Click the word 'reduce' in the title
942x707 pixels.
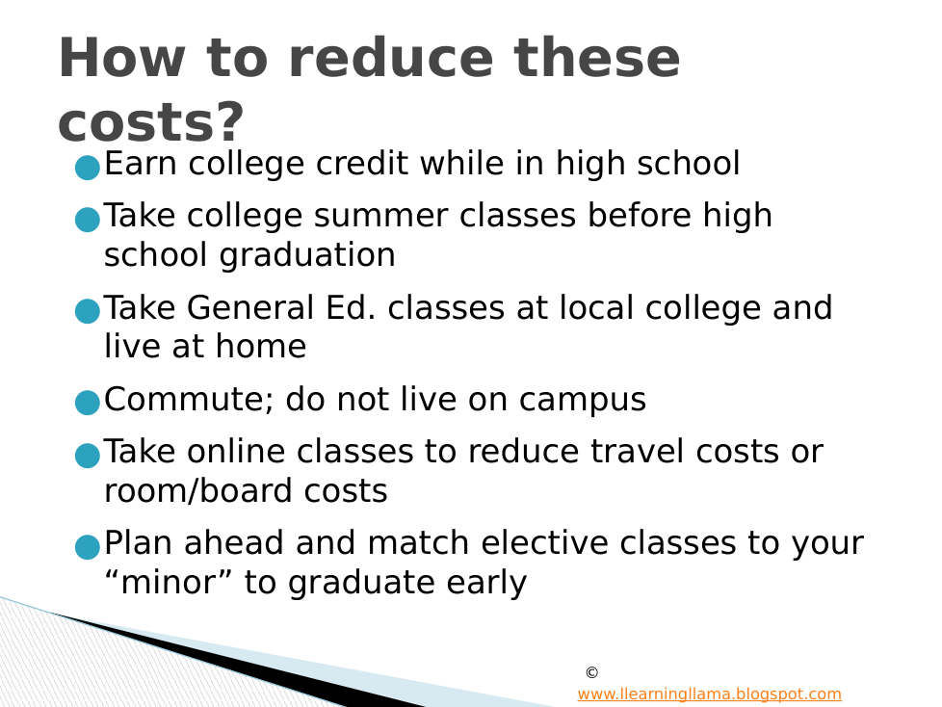tap(390, 58)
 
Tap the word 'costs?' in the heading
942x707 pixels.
tap(151, 122)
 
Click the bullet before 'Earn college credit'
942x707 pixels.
tap(87, 168)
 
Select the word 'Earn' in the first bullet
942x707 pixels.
tap(141, 164)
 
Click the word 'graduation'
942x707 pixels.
tap(307, 255)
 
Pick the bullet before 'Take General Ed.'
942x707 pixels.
tap(87, 311)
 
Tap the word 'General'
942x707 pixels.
tap(250, 307)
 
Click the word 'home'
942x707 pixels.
tap(261, 346)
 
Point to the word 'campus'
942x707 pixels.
tap(582, 400)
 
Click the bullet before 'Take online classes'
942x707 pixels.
tap(87, 456)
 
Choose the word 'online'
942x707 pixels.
tap(236, 451)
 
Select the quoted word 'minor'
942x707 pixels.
tap(168, 582)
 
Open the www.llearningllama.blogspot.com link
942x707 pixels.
tap(710, 694)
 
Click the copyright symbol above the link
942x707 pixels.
tap(591, 672)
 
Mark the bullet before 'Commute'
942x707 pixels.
tap(87, 403)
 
